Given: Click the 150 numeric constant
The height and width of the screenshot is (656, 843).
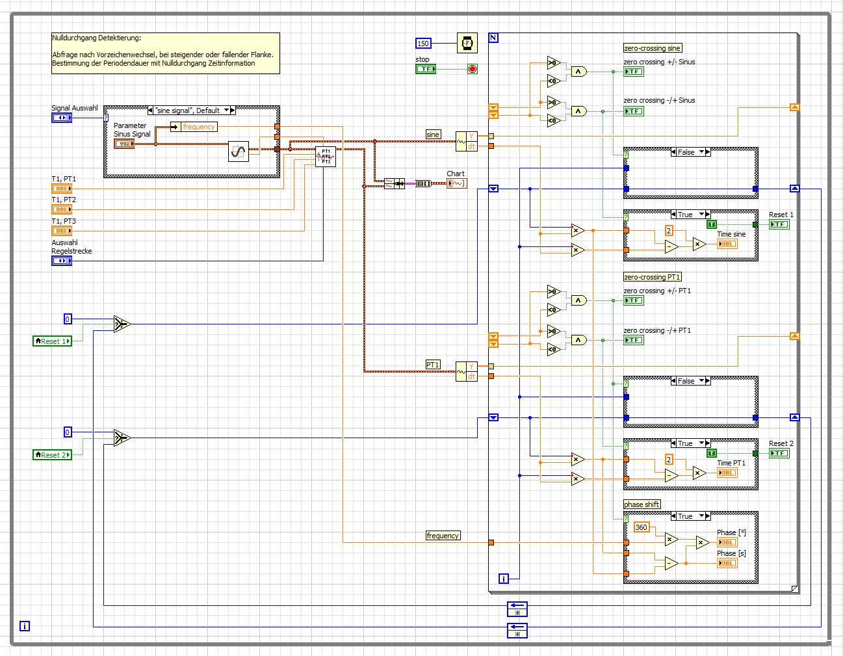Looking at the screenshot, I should coord(423,44).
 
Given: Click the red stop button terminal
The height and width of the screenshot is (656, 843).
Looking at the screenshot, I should coord(473,69).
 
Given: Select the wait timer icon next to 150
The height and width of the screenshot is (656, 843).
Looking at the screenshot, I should coord(467,44).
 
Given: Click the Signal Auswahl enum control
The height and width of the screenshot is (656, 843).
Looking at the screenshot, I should coord(62,118).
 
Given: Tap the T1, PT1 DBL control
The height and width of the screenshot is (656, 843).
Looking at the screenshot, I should coord(62,189).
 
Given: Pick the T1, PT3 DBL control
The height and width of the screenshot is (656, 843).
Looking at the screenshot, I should coord(62,231).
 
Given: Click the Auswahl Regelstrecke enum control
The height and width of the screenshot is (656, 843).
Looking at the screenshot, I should coord(62,261).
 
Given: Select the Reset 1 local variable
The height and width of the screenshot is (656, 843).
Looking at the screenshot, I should coord(52,341).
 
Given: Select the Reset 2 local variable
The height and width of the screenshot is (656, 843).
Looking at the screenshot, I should coord(52,455).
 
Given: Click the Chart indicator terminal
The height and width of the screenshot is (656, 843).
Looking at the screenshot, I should coord(456,183).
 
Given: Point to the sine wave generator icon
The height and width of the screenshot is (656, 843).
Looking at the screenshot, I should coord(239,152).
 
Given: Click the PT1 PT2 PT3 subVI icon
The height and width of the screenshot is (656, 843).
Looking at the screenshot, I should coord(326,157).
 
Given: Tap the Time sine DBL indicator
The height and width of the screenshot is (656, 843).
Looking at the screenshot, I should coord(727,244).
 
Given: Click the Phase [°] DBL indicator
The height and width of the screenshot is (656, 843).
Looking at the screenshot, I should coord(727,542).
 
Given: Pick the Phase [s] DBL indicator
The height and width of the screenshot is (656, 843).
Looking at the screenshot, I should coord(727,563).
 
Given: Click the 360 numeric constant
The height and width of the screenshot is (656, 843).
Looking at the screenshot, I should coord(642,527).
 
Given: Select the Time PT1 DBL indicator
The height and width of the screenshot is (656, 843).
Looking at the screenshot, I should coord(727,473).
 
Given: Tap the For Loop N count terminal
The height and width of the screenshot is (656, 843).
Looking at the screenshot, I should coord(493,38).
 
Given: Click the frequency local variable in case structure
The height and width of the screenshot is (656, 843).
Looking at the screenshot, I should coord(194,127).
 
